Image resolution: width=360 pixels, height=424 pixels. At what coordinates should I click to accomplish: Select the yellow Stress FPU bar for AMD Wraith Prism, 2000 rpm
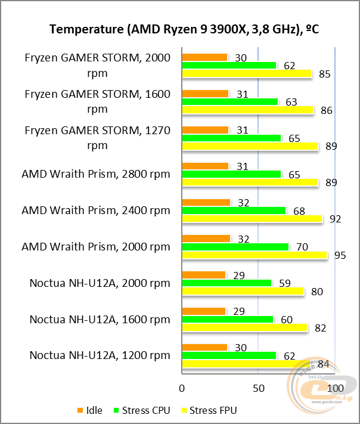pos(255,255)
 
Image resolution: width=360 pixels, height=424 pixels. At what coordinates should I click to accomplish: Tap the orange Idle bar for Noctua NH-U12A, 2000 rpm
pos(203,275)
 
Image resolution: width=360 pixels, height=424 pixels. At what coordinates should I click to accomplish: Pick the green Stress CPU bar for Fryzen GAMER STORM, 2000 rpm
pos(229,66)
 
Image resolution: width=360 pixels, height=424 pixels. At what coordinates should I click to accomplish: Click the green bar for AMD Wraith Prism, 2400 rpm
pos(234,211)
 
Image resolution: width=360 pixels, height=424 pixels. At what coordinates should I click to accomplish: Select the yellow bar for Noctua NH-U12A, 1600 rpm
pos(244,328)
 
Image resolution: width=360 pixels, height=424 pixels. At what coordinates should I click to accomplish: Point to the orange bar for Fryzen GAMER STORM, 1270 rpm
pos(205,130)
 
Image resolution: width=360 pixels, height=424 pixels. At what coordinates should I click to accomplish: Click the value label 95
pos(340,255)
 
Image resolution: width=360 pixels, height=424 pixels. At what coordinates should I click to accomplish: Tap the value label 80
pos(317,292)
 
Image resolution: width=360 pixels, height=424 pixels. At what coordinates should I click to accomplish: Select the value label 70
pos(302,247)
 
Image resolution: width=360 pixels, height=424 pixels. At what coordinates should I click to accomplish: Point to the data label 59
pos(284,283)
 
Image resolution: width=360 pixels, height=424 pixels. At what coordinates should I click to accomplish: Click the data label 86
pos(326,110)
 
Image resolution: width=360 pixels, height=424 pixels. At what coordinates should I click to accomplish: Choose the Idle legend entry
pos(89,410)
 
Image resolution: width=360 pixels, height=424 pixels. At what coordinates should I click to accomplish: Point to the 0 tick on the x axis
pos(182,387)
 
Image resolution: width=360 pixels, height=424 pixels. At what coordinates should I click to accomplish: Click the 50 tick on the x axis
pos(258,387)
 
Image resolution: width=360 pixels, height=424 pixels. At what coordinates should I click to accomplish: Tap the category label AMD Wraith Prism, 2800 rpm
pos(95,174)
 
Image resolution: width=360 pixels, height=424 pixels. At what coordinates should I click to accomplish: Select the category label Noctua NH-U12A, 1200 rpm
pos(100,355)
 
